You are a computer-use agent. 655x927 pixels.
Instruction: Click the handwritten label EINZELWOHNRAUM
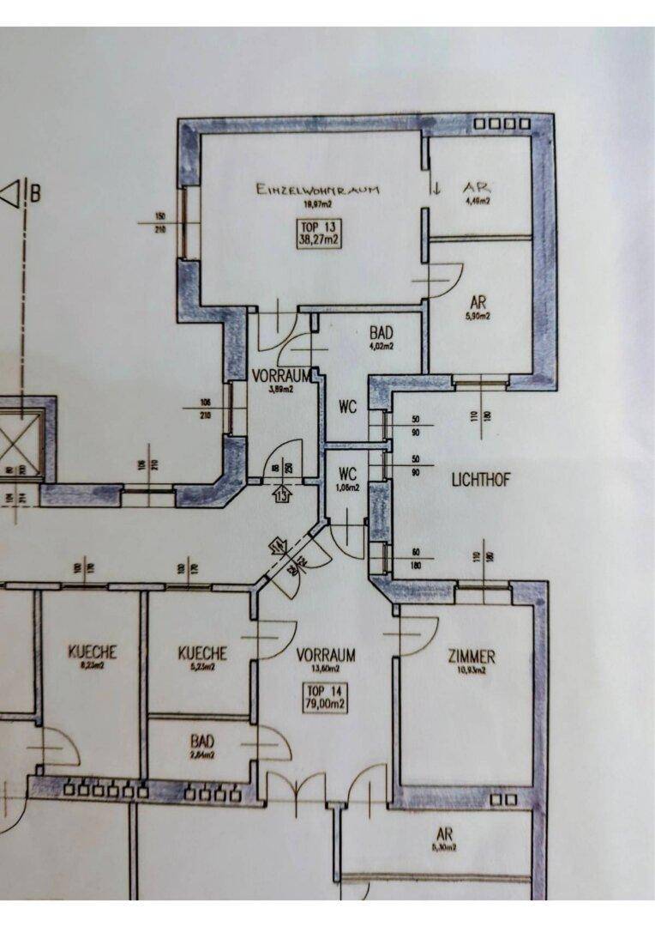(317, 190)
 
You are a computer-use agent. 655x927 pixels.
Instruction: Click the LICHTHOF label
(480, 480)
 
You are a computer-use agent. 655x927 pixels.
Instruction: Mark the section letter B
(35, 194)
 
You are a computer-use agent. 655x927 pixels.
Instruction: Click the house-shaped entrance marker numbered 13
(283, 494)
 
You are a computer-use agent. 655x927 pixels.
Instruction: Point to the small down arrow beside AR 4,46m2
(436, 190)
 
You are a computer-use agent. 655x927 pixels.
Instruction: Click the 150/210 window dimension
(159, 221)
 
